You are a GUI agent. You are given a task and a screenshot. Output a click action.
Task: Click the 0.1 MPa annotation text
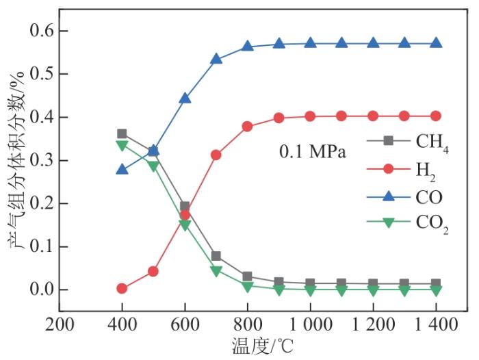[313, 151]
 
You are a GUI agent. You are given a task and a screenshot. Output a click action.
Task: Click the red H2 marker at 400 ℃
[122, 289]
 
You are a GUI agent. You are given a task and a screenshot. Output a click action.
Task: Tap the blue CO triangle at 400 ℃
[122, 169]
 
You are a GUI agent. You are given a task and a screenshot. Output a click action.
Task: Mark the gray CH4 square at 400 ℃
[122, 134]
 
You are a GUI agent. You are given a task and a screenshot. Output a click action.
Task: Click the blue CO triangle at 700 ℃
[216, 59]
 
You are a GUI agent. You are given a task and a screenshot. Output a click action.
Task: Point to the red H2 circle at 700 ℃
[216, 155]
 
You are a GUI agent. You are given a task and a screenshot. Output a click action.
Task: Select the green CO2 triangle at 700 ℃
[216, 271]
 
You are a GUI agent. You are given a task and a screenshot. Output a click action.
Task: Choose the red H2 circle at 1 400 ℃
[436, 116]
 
